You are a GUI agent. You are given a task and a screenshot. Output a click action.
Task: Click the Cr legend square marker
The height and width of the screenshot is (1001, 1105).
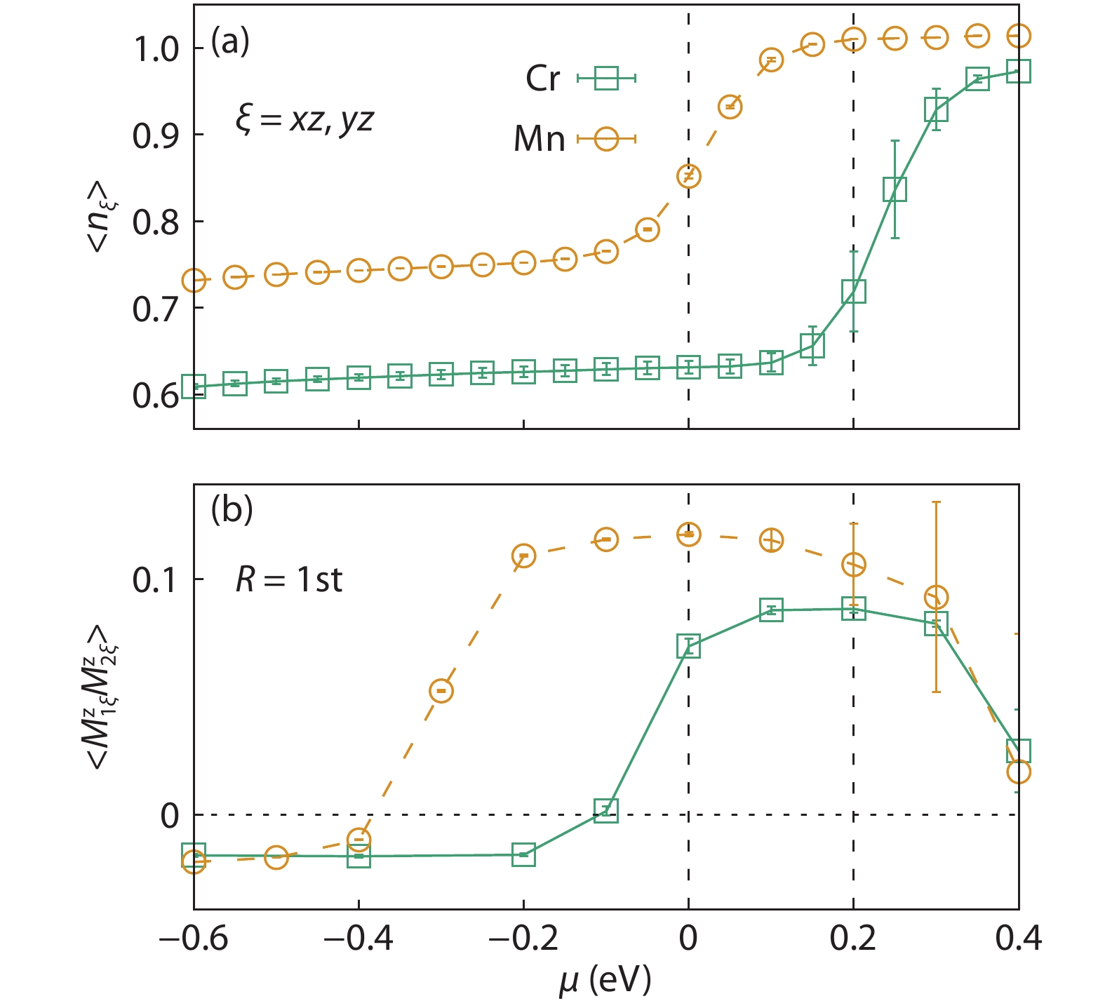606,78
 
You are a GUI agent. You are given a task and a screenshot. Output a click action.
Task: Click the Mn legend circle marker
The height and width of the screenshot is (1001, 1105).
606,139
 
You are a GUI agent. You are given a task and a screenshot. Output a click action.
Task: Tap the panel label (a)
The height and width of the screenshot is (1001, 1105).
230,42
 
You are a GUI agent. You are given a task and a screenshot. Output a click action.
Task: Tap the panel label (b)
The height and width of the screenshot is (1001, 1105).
232,509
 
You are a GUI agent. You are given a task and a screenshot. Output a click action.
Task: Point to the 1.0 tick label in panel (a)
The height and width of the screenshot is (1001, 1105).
156,50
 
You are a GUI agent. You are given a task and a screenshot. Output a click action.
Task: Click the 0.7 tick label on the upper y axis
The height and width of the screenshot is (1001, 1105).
156,309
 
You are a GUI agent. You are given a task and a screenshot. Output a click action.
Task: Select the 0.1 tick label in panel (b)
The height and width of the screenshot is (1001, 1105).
156,580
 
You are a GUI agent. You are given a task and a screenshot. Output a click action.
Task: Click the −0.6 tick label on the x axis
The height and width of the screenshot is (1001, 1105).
194,939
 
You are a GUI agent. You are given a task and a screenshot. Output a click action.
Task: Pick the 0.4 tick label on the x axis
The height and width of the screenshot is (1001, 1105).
1018,939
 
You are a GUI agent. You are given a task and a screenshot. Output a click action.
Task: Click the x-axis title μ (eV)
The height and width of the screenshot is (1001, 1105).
605,979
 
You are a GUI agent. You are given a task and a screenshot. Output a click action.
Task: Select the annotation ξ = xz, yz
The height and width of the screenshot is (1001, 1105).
304,120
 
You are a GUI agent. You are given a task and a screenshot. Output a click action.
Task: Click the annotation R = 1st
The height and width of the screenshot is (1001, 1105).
288,580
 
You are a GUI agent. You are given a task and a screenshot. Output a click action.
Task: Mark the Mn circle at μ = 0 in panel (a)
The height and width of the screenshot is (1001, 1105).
689,176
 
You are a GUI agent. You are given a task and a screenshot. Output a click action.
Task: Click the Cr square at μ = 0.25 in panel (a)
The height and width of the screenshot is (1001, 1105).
895,189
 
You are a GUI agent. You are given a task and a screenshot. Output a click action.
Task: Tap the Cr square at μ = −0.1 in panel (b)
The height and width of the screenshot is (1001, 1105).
606,810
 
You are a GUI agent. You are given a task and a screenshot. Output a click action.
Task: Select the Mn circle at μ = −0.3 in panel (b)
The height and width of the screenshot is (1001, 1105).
441,691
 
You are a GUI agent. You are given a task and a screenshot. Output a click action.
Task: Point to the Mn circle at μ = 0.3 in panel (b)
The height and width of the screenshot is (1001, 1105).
936,598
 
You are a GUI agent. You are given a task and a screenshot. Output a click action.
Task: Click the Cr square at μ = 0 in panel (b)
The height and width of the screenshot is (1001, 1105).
689,645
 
